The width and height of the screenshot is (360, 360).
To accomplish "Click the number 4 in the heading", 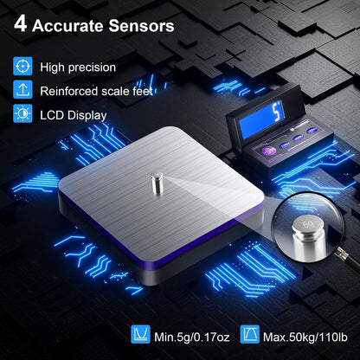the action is click(x=21, y=24).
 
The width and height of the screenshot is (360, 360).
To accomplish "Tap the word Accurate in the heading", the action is click(x=68, y=26).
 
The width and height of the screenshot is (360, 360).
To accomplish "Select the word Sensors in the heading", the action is click(x=141, y=26).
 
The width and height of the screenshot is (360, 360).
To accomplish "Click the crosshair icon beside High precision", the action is click(x=22, y=66).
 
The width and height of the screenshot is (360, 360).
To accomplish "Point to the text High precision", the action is click(x=78, y=67).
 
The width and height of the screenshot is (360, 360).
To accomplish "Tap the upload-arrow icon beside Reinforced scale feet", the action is click(x=22, y=90).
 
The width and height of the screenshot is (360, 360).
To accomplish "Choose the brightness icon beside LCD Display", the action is click(x=22, y=113).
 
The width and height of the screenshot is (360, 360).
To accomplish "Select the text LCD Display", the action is click(x=74, y=115).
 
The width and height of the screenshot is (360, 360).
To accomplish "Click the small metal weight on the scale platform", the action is click(x=157, y=183).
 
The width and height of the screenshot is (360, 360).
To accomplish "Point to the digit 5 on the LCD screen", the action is click(x=277, y=112).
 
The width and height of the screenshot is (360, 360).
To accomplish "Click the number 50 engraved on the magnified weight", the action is click(x=308, y=224).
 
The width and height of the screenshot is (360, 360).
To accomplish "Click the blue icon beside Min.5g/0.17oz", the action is click(x=140, y=334).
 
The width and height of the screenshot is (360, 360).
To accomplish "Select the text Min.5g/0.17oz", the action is click(x=192, y=337).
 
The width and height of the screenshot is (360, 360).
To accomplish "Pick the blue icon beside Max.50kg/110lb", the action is click(x=250, y=334).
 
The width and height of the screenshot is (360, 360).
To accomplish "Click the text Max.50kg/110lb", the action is click(x=305, y=337).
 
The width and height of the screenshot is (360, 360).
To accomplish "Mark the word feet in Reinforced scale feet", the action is click(x=143, y=91).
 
